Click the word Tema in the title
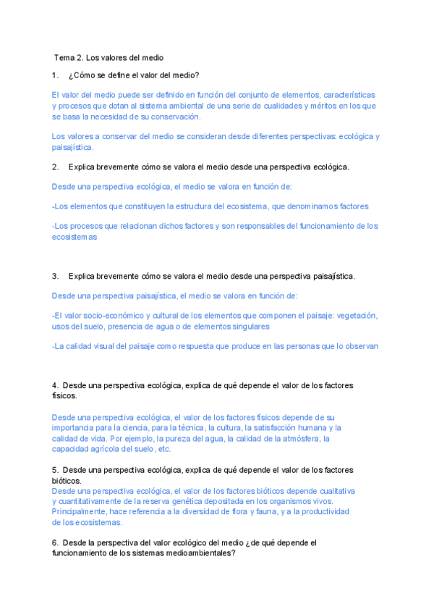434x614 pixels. (x=64, y=57)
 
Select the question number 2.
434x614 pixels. (x=56, y=167)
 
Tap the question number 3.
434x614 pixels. (x=56, y=276)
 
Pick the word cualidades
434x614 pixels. (x=263, y=106)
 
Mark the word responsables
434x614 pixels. (x=257, y=226)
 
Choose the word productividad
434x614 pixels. (x=326, y=511)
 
